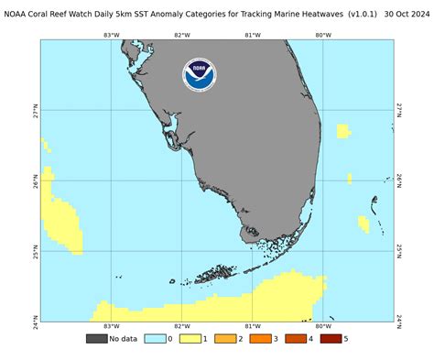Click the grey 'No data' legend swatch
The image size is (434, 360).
pos(96,339)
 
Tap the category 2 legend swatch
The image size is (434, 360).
pos(224,339)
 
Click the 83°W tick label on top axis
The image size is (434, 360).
pos(112,35)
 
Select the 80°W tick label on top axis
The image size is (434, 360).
pos(322,35)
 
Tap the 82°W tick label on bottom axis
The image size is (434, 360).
pos(181,326)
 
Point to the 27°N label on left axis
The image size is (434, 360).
pos(35,109)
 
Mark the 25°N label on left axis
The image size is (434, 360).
pos(35,249)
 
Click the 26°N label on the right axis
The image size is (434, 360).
pos(400,180)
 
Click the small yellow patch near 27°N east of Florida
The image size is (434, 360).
pos(343,131)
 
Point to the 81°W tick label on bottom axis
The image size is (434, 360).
pos(252,326)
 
